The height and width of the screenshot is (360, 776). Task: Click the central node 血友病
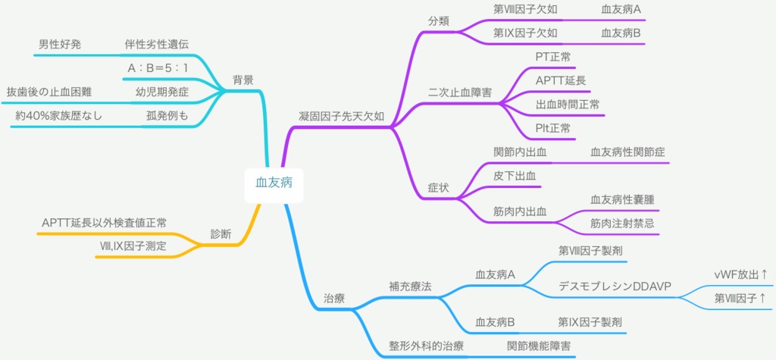pyautogui.click(x=274, y=182)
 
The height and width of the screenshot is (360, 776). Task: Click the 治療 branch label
pyautogui.click(x=334, y=299)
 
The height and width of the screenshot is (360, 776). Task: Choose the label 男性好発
pyautogui.click(x=60, y=44)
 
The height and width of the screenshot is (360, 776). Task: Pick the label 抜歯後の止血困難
pyautogui.click(x=49, y=92)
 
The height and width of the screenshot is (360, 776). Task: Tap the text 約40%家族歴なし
pyautogui.click(x=58, y=116)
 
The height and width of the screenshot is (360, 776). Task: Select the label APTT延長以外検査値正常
pyautogui.click(x=105, y=222)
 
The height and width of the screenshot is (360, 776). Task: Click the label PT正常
pyautogui.click(x=553, y=56)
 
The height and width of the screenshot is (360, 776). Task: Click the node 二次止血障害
pyautogui.click(x=459, y=92)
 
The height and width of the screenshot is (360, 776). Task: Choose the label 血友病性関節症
pyautogui.click(x=629, y=152)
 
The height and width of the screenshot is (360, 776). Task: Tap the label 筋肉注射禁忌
pyautogui.click(x=622, y=223)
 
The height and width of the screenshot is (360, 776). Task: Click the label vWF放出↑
pyautogui.click(x=741, y=274)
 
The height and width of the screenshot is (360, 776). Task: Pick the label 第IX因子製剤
pyautogui.click(x=590, y=322)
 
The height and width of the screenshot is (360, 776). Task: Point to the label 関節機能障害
pyautogui.click(x=539, y=346)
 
